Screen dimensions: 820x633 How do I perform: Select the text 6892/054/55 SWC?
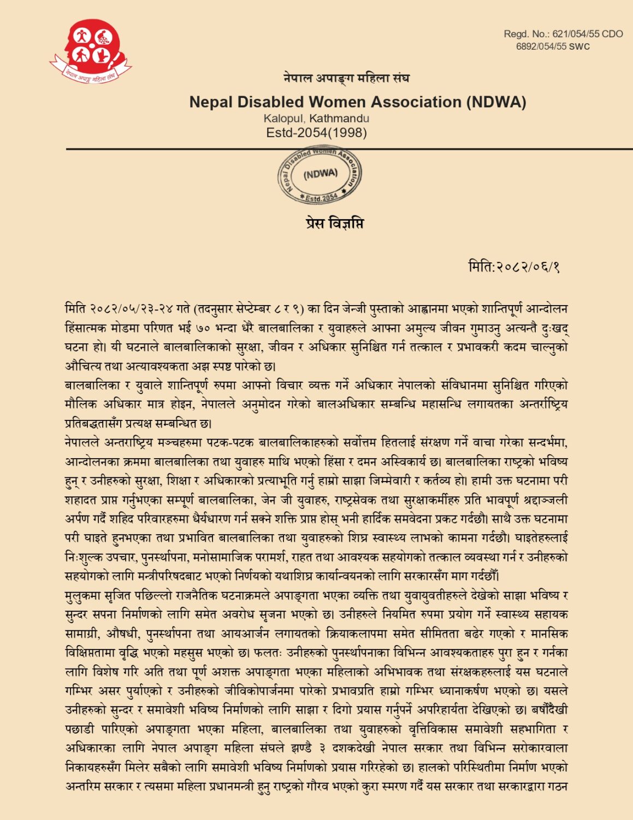(553, 46)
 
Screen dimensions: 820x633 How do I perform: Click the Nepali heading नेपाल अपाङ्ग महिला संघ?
(346, 78)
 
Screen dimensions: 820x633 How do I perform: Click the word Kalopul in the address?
(283, 118)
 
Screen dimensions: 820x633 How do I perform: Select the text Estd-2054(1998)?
(316, 132)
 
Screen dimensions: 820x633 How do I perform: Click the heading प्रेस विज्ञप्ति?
(334, 223)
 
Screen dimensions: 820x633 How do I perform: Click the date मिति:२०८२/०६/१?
(514, 267)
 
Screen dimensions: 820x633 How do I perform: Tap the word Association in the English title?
(416, 102)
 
